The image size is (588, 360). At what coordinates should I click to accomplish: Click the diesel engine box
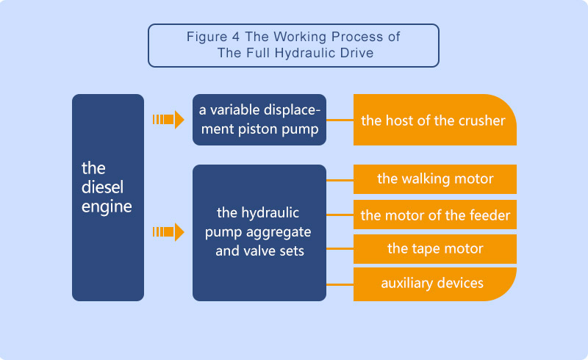click(x=107, y=197)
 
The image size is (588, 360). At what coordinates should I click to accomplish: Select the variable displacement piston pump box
click(x=259, y=120)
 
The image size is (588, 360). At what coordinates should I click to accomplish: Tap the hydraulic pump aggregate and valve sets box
click(x=259, y=232)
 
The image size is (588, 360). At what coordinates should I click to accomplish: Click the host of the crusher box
click(x=434, y=120)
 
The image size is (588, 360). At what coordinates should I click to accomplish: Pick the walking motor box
click(x=435, y=179)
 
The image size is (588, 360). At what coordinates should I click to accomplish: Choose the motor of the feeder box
click(x=435, y=215)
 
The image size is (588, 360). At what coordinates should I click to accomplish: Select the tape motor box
click(x=435, y=248)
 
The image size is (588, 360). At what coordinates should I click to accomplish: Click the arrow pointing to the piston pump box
click(x=168, y=120)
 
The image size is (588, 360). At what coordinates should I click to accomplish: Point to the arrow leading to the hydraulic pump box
click(x=168, y=233)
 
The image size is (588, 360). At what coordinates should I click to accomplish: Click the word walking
click(x=422, y=179)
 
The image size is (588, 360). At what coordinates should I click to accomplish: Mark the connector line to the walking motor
click(x=340, y=179)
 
